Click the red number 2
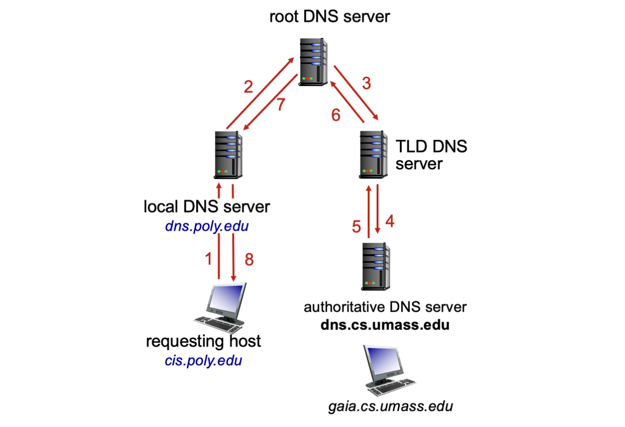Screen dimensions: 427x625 pyautogui.click(x=248, y=87)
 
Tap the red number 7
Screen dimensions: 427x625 pyautogui.click(x=280, y=105)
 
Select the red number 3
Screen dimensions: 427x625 pyautogui.click(x=366, y=83)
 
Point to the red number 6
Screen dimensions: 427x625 pyautogui.click(x=336, y=114)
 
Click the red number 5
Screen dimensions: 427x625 pyautogui.click(x=357, y=227)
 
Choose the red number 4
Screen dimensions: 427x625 pyautogui.click(x=390, y=221)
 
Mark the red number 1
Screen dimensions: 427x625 pyautogui.click(x=209, y=259)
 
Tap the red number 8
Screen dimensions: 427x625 pyautogui.click(x=249, y=260)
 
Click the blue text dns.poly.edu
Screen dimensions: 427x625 pyautogui.click(x=207, y=227)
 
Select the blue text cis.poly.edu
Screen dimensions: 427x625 pyautogui.click(x=203, y=360)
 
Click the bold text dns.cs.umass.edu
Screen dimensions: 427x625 pyautogui.click(x=385, y=324)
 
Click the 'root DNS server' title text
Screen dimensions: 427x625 pyautogui.click(x=330, y=17)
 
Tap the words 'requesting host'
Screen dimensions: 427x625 pyautogui.click(x=203, y=341)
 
